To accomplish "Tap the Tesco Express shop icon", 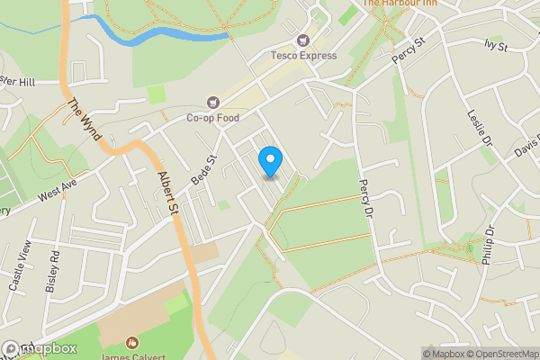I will point(303,40).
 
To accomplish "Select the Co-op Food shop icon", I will point(213,103).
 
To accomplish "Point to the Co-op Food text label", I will point(213,118).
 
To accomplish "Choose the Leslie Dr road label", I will point(481,129).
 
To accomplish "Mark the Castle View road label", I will point(21,265).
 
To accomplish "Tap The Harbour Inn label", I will point(401,4).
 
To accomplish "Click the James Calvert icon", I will point(131,342).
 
